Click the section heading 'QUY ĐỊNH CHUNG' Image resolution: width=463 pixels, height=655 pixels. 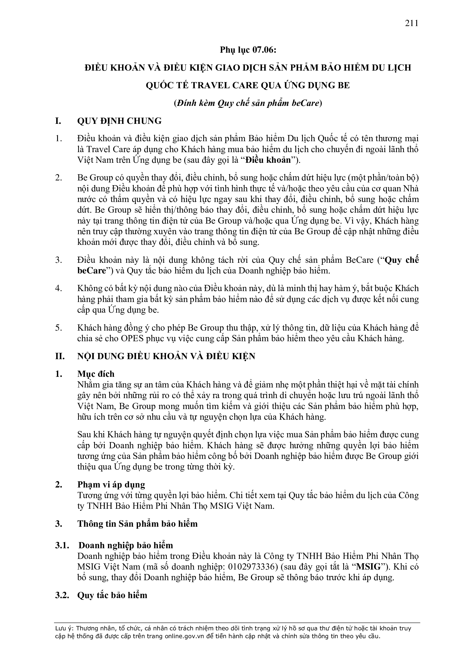[119, 121]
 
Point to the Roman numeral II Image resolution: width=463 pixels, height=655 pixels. [60, 356]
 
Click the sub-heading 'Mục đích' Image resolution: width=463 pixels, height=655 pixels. [96, 374]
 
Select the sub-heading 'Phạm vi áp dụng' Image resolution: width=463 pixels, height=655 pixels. [111, 485]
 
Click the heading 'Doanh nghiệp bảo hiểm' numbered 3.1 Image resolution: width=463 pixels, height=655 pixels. [126, 545]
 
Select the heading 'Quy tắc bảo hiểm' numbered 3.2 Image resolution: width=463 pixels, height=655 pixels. [112, 595]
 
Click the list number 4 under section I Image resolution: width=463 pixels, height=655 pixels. [59, 288]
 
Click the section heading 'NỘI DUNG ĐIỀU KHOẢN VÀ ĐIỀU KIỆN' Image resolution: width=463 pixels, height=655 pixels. [166, 356]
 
